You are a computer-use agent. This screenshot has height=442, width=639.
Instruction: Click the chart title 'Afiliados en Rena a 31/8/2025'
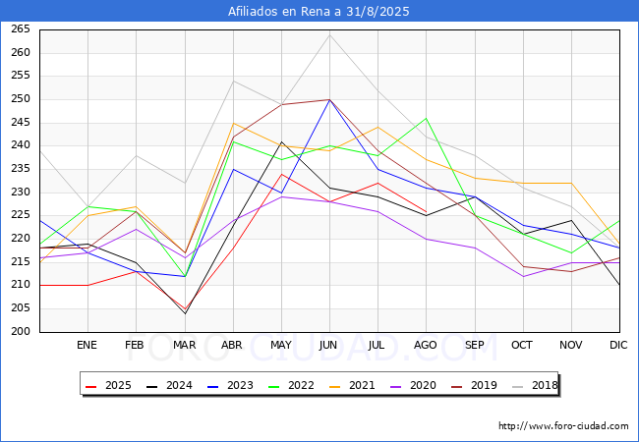point(319,12)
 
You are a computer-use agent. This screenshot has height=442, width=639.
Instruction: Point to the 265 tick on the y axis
point(21,29)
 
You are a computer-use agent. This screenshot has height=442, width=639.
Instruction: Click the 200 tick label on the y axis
point(21,332)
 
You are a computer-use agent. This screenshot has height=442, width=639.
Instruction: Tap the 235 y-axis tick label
point(21,169)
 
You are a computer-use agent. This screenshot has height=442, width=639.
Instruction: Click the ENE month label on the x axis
point(87,346)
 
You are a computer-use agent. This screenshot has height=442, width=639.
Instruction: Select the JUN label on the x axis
point(329,346)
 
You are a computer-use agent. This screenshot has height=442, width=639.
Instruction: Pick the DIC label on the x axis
point(618,346)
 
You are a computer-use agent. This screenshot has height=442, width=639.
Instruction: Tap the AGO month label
point(426,346)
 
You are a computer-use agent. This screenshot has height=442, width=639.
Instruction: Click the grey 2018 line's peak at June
point(329,34)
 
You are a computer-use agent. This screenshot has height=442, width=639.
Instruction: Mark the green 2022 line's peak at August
point(426,118)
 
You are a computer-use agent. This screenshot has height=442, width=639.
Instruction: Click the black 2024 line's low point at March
point(185,313)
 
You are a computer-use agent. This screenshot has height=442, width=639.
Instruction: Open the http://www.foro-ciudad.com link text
point(563,426)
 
